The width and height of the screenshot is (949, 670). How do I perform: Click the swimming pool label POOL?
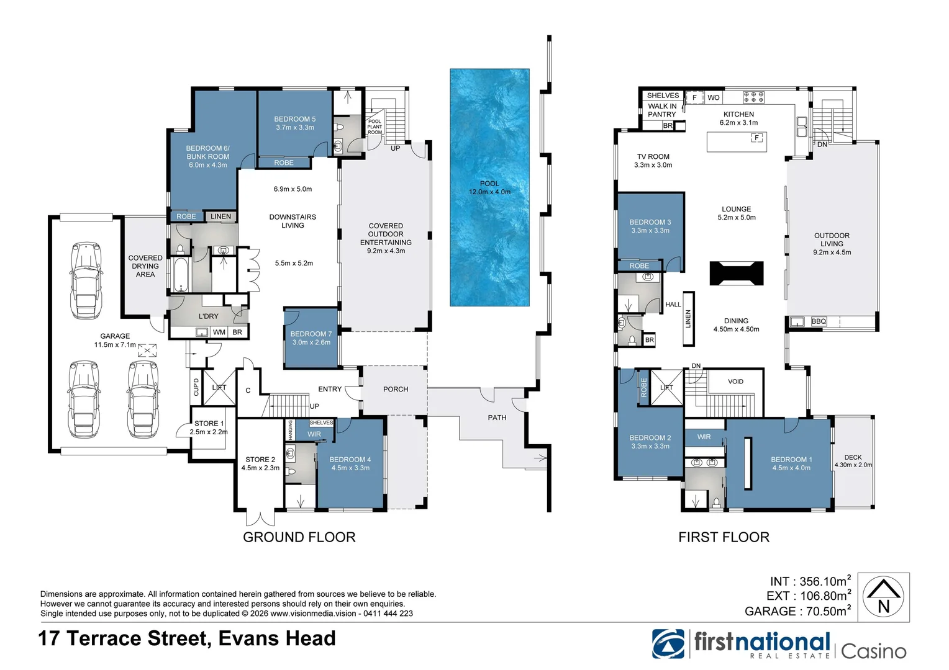click(489, 184)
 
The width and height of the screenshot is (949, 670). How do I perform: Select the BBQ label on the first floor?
click(819, 321)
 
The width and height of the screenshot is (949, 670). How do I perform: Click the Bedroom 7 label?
click(311, 334)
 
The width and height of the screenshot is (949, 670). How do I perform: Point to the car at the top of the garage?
click(86, 279)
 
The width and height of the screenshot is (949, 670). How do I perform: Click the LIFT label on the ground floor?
click(219, 387)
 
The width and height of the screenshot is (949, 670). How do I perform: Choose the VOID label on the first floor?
click(735, 382)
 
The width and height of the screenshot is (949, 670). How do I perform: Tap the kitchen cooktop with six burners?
click(753, 97)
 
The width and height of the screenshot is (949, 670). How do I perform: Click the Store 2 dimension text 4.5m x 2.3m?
click(260, 468)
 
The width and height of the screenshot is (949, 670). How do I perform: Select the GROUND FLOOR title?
click(299, 537)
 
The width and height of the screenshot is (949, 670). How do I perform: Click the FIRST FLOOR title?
click(724, 537)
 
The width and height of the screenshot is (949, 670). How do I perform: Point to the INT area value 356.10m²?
click(825, 581)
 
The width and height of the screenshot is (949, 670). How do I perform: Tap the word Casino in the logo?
click(873, 651)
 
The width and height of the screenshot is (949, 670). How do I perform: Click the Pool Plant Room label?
click(375, 127)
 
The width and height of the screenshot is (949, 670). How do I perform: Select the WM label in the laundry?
click(219, 333)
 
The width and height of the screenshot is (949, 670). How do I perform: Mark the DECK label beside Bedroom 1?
click(853, 457)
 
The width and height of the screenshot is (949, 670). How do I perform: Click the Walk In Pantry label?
click(662, 110)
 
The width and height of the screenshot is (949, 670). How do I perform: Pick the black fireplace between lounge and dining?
click(737, 273)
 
